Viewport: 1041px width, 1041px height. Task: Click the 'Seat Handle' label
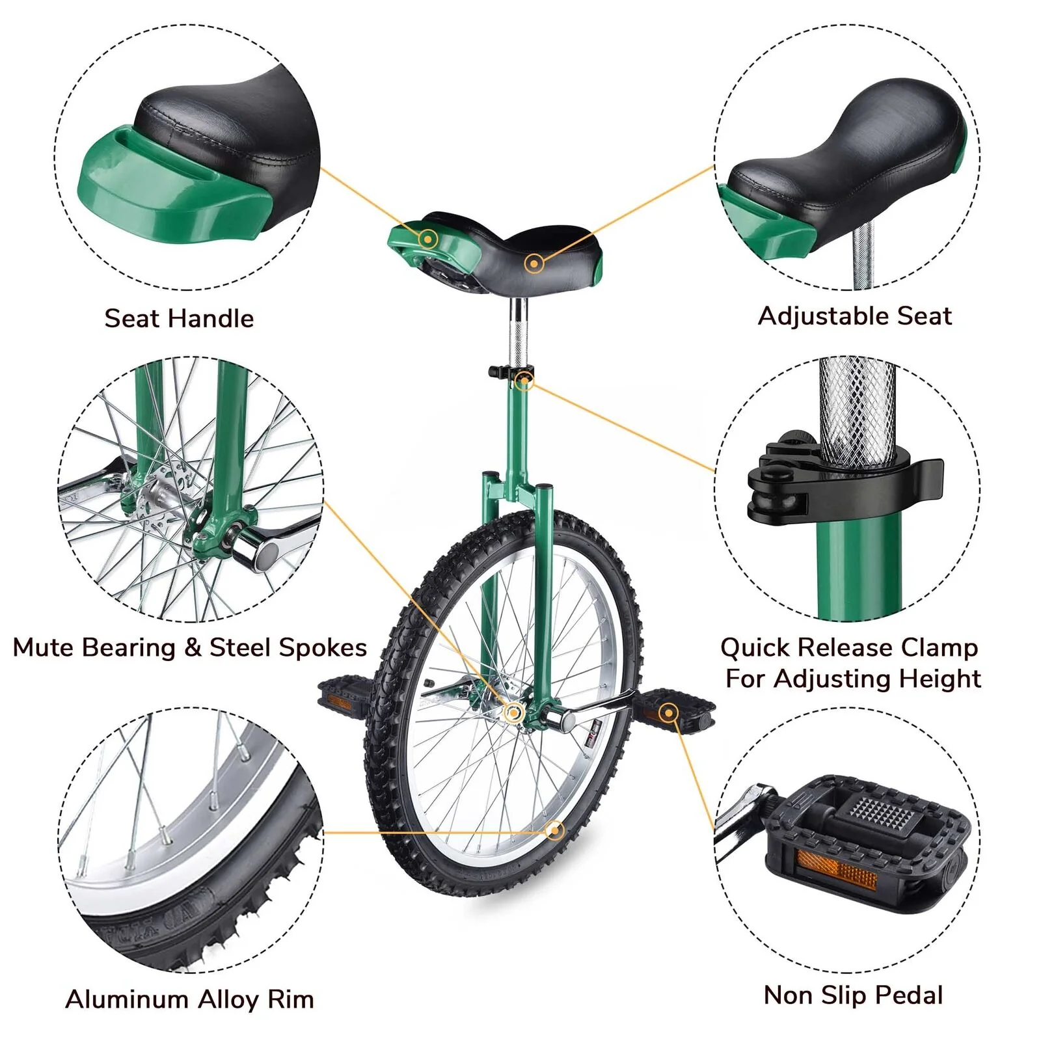tap(179, 318)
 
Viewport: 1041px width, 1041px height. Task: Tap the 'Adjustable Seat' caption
tap(855, 316)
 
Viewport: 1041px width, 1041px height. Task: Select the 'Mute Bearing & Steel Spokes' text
tap(190, 648)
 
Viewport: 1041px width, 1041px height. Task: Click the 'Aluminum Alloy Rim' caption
tap(190, 999)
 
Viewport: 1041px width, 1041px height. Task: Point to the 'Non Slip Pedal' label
tap(853, 995)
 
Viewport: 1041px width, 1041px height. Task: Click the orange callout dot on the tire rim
tap(554, 830)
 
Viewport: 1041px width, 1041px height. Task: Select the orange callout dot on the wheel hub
tap(513, 713)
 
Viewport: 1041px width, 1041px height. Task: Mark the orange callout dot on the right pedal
tap(668, 714)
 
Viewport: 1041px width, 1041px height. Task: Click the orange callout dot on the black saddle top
tap(534, 264)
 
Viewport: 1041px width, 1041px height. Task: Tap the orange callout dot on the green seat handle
tap(427, 239)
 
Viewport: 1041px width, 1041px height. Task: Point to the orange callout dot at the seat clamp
tap(524, 381)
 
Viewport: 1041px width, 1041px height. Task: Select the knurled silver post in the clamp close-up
tap(857, 410)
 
